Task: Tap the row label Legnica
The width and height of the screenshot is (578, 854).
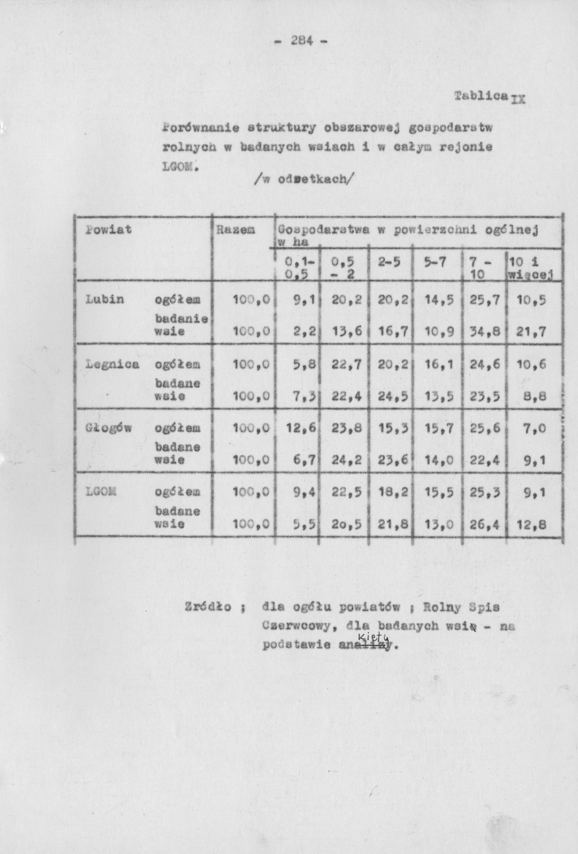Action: (x=112, y=364)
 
